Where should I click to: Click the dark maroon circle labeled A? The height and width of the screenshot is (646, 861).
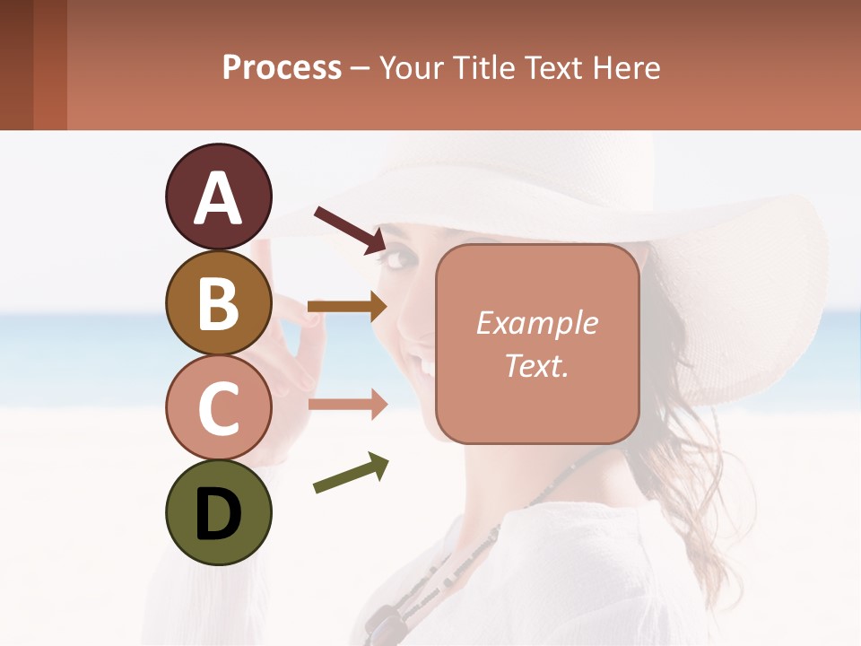218,196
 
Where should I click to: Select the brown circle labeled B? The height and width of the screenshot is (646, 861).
218,302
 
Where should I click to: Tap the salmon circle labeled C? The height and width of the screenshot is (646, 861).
218,407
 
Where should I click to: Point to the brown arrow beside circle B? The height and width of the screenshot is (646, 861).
348,307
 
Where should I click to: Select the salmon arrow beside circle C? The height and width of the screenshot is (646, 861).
348,404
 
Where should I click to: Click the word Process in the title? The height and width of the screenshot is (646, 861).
282,67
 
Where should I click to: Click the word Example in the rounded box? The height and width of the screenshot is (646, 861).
536,323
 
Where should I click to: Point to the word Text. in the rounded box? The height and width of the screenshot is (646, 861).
536,365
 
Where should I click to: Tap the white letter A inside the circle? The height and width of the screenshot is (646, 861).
218,198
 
